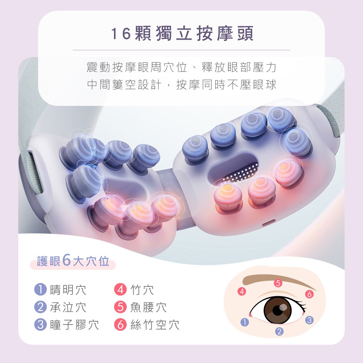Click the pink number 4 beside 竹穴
(x=120, y=290)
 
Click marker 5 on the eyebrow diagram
(x=278, y=283)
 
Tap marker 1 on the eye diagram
(x=246, y=322)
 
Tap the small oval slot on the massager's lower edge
(x=269, y=221)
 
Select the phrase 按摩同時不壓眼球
(x=226, y=85)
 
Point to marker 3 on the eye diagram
(x=309, y=320)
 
